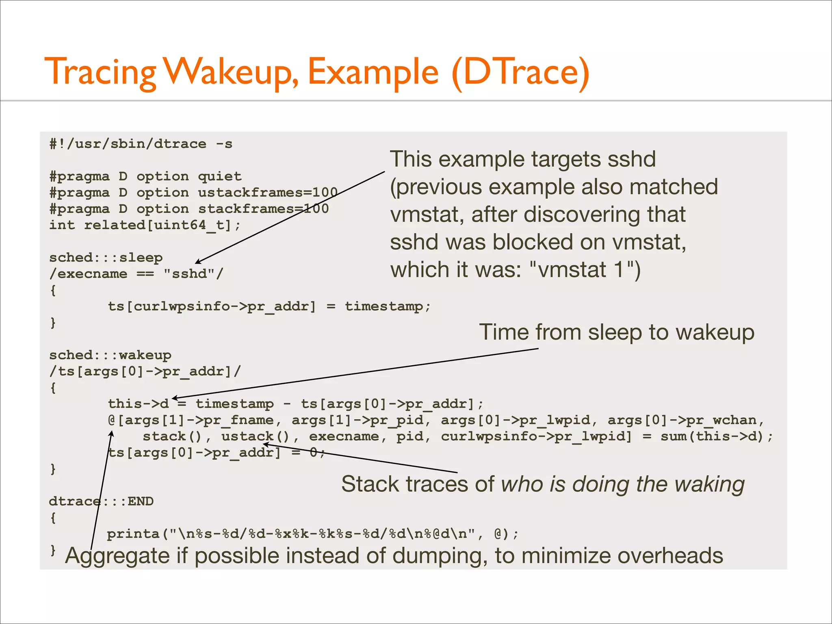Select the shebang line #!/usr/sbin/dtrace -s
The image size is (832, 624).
(x=141, y=144)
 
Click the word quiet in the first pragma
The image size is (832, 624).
(x=220, y=176)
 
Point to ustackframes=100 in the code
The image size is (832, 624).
(x=268, y=193)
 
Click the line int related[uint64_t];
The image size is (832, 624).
(x=145, y=225)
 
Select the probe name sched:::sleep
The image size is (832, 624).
(x=106, y=258)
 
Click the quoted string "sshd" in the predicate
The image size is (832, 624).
(x=189, y=274)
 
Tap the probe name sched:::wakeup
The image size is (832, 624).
(x=110, y=355)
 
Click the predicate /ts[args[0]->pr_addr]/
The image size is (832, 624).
(x=145, y=371)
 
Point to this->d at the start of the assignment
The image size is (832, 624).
(x=138, y=404)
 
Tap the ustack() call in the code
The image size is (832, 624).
(x=255, y=436)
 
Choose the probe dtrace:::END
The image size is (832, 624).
(x=101, y=501)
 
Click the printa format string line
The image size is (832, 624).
(x=313, y=534)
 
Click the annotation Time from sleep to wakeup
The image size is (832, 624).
(x=616, y=332)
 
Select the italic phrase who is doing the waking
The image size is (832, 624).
(x=622, y=484)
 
